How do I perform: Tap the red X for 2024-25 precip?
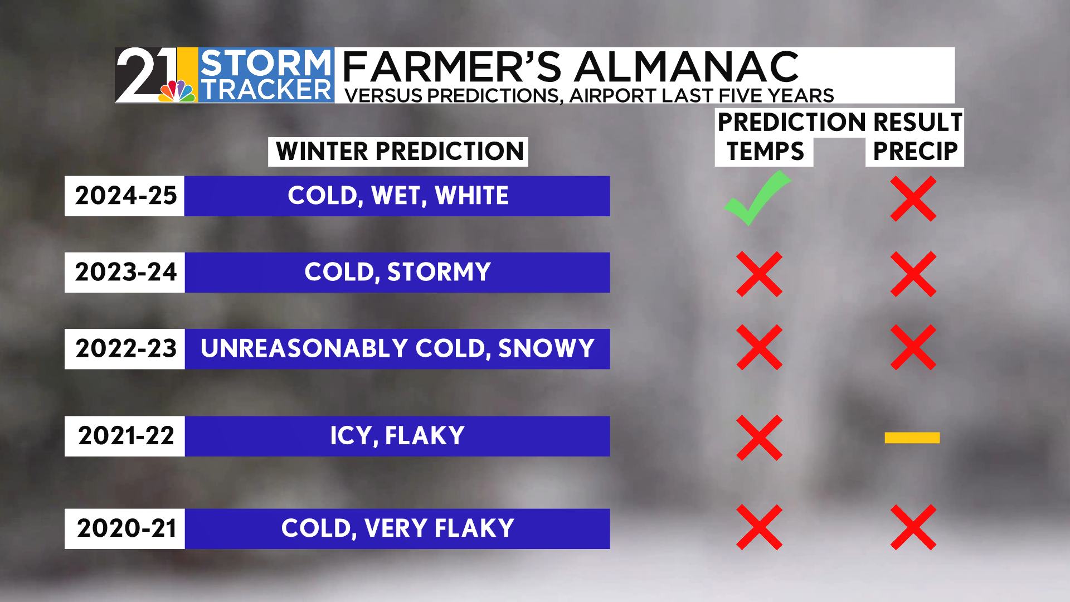pos(913,199)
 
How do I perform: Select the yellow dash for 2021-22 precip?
pos(912,438)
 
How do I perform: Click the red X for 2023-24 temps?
pos(760,274)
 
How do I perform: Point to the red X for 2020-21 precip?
pos(913,527)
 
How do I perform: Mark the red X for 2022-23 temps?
pos(760,348)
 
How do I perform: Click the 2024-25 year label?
pos(126,196)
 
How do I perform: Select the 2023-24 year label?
pos(126,272)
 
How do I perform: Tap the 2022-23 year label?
pos(126,348)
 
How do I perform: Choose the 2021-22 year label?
pos(126,436)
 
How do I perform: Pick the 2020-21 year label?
pos(127,528)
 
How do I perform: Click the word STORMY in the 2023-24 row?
pos(439,272)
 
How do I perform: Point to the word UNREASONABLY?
pos(304,348)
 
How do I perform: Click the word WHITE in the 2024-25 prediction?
pos(472,196)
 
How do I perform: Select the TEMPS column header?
pos(765,152)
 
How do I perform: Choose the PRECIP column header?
pos(915,152)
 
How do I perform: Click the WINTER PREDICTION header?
pos(400,152)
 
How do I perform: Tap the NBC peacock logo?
pos(177,91)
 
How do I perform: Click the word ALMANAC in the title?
pos(687,67)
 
